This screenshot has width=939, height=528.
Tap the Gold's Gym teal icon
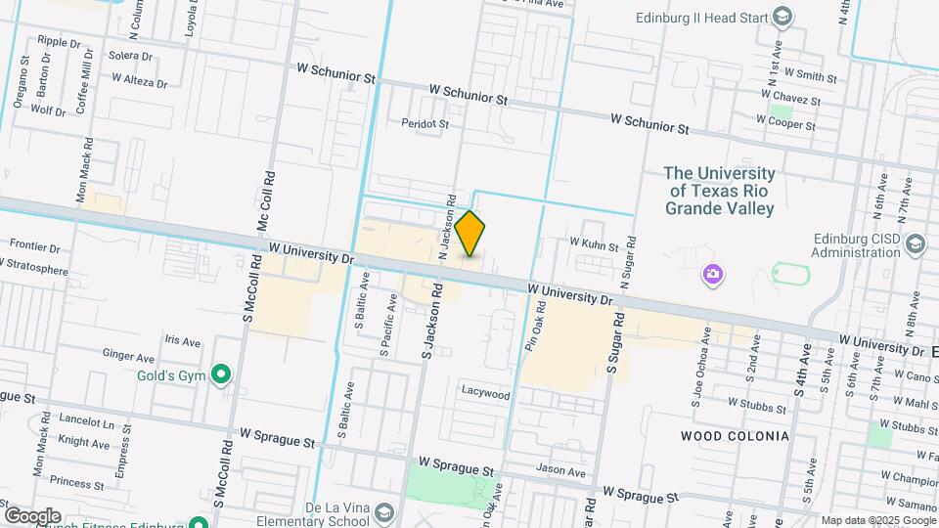tap(222, 374)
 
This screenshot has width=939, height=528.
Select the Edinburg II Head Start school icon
tap(782, 17)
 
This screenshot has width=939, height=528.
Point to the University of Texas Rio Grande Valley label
tap(720, 191)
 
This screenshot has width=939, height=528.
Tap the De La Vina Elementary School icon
tap(385, 513)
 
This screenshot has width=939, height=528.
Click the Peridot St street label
tap(425, 124)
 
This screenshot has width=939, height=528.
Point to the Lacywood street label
tap(486, 395)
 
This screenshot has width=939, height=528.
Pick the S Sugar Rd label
tap(616, 342)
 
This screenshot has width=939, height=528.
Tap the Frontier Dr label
tap(34, 247)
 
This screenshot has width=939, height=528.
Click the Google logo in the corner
tap(32, 515)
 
